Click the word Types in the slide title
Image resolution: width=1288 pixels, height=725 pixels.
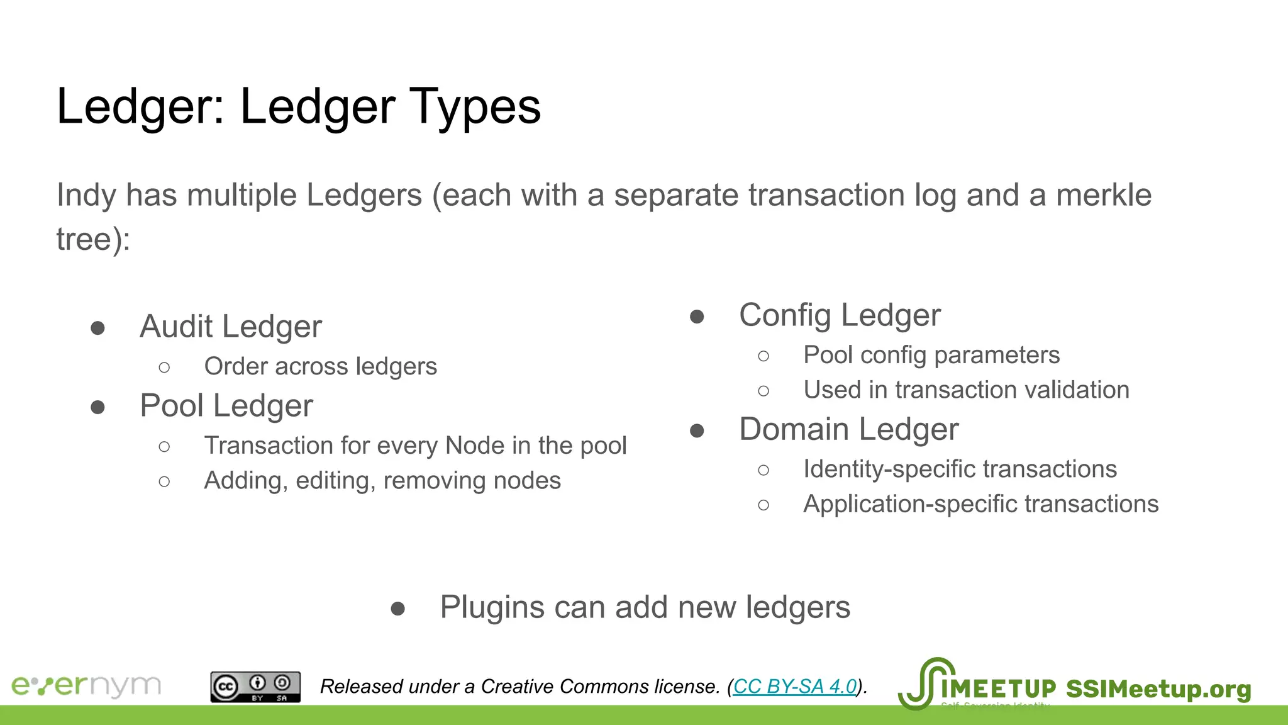(x=475, y=107)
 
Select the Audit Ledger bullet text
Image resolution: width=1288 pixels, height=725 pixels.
(x=231, y=327)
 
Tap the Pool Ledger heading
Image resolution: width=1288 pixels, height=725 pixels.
(x=226, y=406)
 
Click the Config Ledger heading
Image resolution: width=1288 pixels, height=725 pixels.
(x=840, y=315)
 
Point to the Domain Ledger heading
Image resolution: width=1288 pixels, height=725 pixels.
(x=848, y=430)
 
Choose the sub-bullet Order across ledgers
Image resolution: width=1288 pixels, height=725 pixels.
(x=320, y=366)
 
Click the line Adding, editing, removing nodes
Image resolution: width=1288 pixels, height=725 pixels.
(x=382, y=481)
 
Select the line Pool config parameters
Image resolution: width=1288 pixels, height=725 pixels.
(x=931, y=355)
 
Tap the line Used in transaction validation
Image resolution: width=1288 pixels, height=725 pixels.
(x=966, y=390)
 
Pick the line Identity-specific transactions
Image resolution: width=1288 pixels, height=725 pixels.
(x=960, y=469)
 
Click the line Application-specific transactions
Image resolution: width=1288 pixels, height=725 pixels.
(x=980, y=504)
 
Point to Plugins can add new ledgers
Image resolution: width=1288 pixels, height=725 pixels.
(x=645, y=608)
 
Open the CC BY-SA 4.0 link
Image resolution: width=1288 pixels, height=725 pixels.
(x=795, y=686)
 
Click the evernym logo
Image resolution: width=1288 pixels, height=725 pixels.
(x=86, y=686)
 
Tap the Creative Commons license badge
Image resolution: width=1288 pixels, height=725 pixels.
(x=255, y=687)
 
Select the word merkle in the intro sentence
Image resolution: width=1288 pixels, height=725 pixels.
(x=1103, y=195)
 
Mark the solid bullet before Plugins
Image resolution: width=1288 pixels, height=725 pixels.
(x=397, y=609)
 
